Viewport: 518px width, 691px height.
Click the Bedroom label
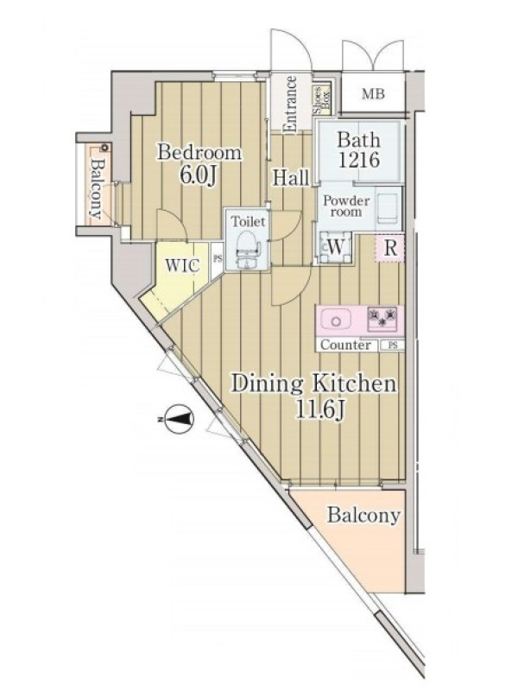tap(199, 153)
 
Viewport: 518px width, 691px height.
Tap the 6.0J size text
tap(199, 175)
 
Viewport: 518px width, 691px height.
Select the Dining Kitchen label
tap(314, 384)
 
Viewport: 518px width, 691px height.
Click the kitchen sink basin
tap(336, 320)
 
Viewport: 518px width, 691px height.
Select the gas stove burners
tap(382, 318)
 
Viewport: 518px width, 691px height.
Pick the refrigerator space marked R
tap(390, 248)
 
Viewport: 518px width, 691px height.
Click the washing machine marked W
tap(335, 247)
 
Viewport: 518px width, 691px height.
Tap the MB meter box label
tap(373, 94)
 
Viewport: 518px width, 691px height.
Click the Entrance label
tap(290, 104)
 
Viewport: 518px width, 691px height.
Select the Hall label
tap(291, 178)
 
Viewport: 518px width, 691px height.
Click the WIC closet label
tap(182, 265)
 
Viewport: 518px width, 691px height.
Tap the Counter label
tap(345, 345)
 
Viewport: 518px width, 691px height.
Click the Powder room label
tap(347, 206)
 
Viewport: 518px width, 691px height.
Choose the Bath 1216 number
tap(359, 160)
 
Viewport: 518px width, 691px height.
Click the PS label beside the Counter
tap(393, 345)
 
